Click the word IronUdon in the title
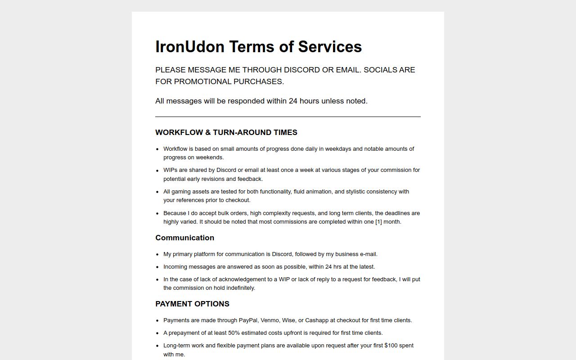click(190, 47)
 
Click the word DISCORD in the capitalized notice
click(302, 70)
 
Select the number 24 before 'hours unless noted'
click(293, 101)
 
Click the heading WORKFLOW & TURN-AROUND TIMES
click(226, 132)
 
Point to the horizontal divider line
click(288, 117)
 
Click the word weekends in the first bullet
click(209, 157)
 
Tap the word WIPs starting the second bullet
click(171, 170)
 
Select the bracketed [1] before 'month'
click(378, 222)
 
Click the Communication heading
click(184, 238)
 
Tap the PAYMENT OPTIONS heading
click(192, 304)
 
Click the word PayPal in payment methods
click(248, 320)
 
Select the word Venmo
click(269, 320)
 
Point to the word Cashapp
click(317, 320)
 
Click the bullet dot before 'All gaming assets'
click(157, 192)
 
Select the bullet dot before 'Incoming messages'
click(157, 267)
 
